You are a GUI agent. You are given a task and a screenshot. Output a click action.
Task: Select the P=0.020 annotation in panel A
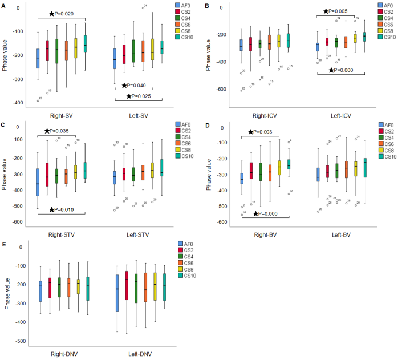coord(64,13)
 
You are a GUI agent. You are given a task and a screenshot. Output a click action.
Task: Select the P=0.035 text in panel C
coord(58,131)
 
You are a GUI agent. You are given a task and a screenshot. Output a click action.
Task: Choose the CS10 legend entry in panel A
coord(192,38)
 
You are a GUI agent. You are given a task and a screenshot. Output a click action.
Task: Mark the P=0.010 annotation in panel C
coord(64,210)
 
